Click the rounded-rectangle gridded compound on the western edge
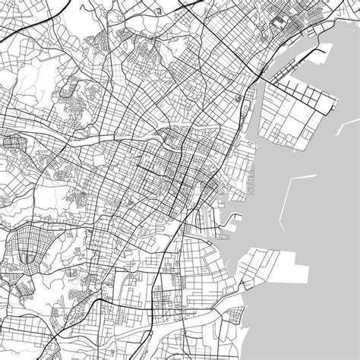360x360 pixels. pos(13,142)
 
